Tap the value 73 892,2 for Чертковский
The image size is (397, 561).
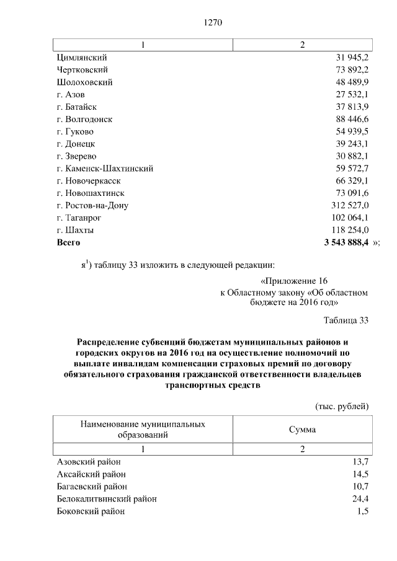pyautogui.click(x=352, y=70)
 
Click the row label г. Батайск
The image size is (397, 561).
pyautogui.click(x=76, y=107)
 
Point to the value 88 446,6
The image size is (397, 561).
pyautogui.click(x=352, y=119)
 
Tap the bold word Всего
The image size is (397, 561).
pyautogui.click(x=68, y=242)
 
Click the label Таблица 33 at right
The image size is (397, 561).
pyautogui.click(x=346, y=320)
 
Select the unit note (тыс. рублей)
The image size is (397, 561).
pyautogui.click(x=342, y=406)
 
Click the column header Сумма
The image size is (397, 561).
pyautogui.click(x=302, y=430)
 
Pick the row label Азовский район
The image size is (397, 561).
pyautogui.click(x=89, y=462)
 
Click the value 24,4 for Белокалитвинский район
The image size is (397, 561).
pyautogui.click(x=360, y=499)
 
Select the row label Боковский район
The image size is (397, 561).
pyautogui.click(x=91, y=511)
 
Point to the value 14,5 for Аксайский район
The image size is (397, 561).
pyautogui.click(x=360, y=474)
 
